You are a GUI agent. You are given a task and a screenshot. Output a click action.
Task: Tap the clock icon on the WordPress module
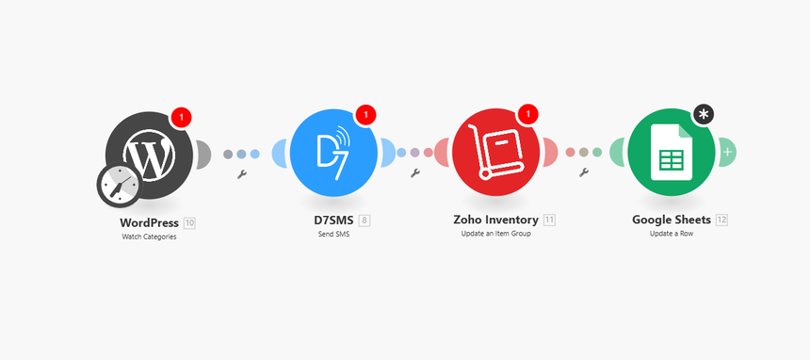[x=119, y=186]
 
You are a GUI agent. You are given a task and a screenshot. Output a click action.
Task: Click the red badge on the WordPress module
[x=181, y=117]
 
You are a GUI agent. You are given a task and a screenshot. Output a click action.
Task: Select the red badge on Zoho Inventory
[x=528, y=115]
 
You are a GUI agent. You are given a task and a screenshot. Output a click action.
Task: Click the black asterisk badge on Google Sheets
[x=704, y=115]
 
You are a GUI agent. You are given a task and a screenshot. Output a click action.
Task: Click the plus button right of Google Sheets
[x=727, y=151]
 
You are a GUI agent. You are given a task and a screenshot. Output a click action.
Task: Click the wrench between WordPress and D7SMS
[x=241, y=174]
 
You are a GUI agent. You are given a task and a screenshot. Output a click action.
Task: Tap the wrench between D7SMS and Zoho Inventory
[x=414, y=172]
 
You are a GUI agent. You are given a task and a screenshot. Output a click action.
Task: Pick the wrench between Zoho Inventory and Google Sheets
[x=584, y=172]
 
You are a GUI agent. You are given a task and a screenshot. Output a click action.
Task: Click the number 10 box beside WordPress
[x=190, y=222]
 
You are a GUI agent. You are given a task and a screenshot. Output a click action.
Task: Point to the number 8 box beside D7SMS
[x=364, y=221]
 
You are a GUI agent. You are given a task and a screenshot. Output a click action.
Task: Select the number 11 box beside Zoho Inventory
[x=549, y=221]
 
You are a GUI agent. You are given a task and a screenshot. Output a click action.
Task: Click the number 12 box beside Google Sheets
[x=721, y=221]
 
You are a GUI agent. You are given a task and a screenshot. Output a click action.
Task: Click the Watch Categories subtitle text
[x=149, y=237]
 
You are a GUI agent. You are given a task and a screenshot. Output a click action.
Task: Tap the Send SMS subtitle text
[x=333, y=234]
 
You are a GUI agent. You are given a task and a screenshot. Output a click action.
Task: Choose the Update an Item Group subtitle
[x=496, y=234]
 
